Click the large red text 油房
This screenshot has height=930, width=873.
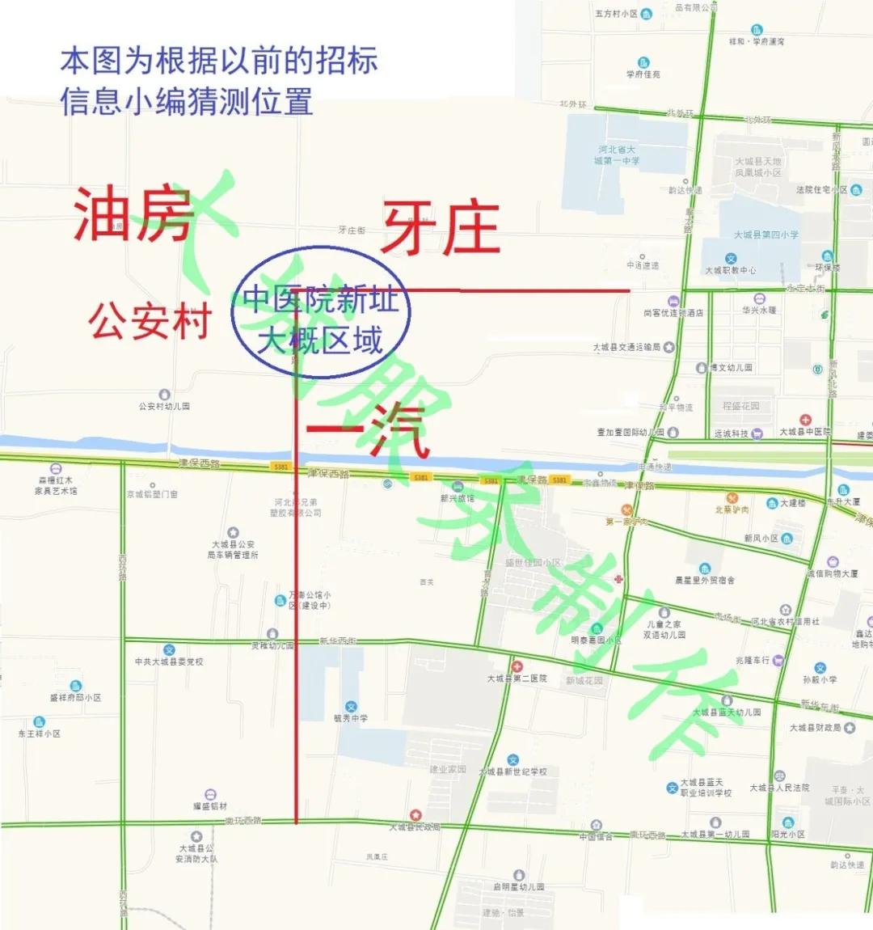point(133,214)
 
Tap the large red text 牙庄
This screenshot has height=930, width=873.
point(441,229)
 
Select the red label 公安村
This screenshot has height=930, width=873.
point(150,321)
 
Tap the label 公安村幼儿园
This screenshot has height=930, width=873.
point(164,406)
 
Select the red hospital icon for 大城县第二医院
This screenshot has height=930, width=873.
point(517,667)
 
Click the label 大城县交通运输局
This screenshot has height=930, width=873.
point(627,348)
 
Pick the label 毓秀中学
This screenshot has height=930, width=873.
point(351,717)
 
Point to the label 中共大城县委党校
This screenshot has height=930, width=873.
point(169,662)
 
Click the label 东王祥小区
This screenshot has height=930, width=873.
point(40,733)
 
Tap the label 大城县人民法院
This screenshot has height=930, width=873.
point(779,787)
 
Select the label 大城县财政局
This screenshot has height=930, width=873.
point(816,728)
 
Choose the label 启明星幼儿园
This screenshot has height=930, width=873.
point(519,886)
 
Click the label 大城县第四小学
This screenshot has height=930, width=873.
point(765,235)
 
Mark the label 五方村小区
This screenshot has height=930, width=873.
point(617,14)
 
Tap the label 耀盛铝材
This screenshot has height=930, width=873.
point(210,805)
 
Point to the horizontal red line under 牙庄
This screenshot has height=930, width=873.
point(517,290)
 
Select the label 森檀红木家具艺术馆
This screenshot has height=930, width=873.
point(56,485)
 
